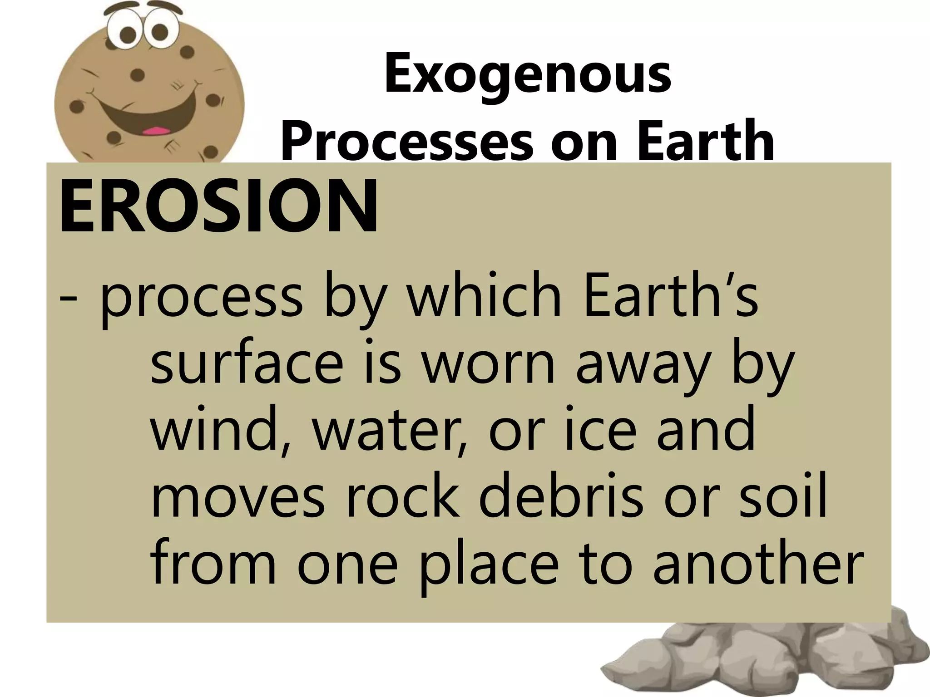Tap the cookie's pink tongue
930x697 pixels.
tap(153, 131)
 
